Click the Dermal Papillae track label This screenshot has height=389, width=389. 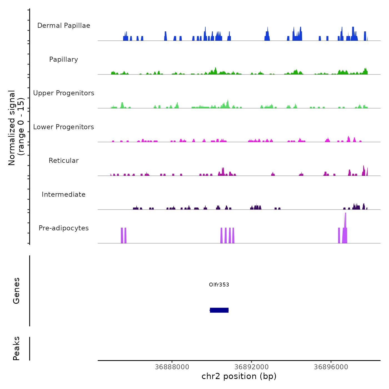(64, 26)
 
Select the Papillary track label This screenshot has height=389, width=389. (64, 59)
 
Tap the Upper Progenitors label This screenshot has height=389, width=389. (64, 93)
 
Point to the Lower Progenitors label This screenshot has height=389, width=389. (64, 127)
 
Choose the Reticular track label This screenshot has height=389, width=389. (64, 161)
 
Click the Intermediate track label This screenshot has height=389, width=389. (64, 194)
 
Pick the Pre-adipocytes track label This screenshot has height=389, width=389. (64, 228)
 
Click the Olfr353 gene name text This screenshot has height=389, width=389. (219, 285)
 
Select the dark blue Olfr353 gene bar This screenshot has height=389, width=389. (219, 310)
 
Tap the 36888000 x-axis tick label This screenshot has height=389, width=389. (172, 367)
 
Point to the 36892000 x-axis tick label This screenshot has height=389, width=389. (251, 367)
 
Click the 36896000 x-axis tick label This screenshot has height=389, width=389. (331, 367)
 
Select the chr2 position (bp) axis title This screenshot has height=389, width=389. (239, 376)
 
